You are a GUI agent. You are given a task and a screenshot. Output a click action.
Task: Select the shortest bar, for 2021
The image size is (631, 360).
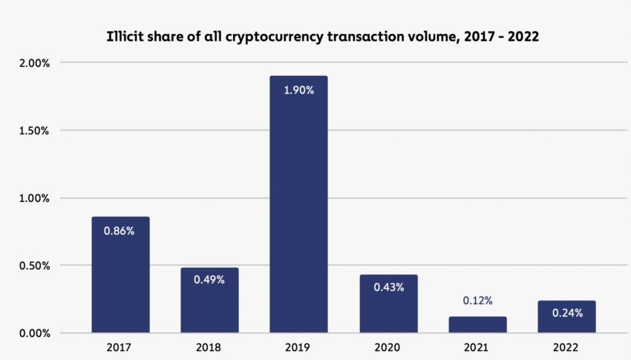click(x=477, y=325)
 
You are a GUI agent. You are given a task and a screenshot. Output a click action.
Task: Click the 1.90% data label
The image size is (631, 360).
click(x=298, y=91)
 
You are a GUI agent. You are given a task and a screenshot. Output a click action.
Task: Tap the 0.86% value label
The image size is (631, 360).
click(x=120, y=231)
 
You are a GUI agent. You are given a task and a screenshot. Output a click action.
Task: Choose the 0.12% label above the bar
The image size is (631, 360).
click(x=477, y=301)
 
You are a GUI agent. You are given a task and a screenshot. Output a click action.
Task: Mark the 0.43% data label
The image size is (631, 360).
click(x=388, y=287)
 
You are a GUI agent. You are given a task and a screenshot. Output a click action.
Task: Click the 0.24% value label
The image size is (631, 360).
click(x=567, y=313)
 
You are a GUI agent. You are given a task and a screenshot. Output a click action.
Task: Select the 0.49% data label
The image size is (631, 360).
click(x=209, y=280)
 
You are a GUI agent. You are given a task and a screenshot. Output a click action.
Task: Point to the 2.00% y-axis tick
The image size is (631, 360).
click(x=34, y=63)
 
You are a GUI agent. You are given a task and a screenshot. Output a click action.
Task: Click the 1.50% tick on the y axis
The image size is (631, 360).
click(x=34, y=131)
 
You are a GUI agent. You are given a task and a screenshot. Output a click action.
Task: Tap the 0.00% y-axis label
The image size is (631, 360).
click(x=34, y=333)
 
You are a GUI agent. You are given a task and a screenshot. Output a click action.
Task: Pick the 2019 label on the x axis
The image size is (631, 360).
click(x=298, y=347)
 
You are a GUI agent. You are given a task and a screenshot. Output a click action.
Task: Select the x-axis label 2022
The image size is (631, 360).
click(x=566, y=347)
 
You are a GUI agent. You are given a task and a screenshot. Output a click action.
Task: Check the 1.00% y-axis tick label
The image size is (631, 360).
click(x=34, y=198)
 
